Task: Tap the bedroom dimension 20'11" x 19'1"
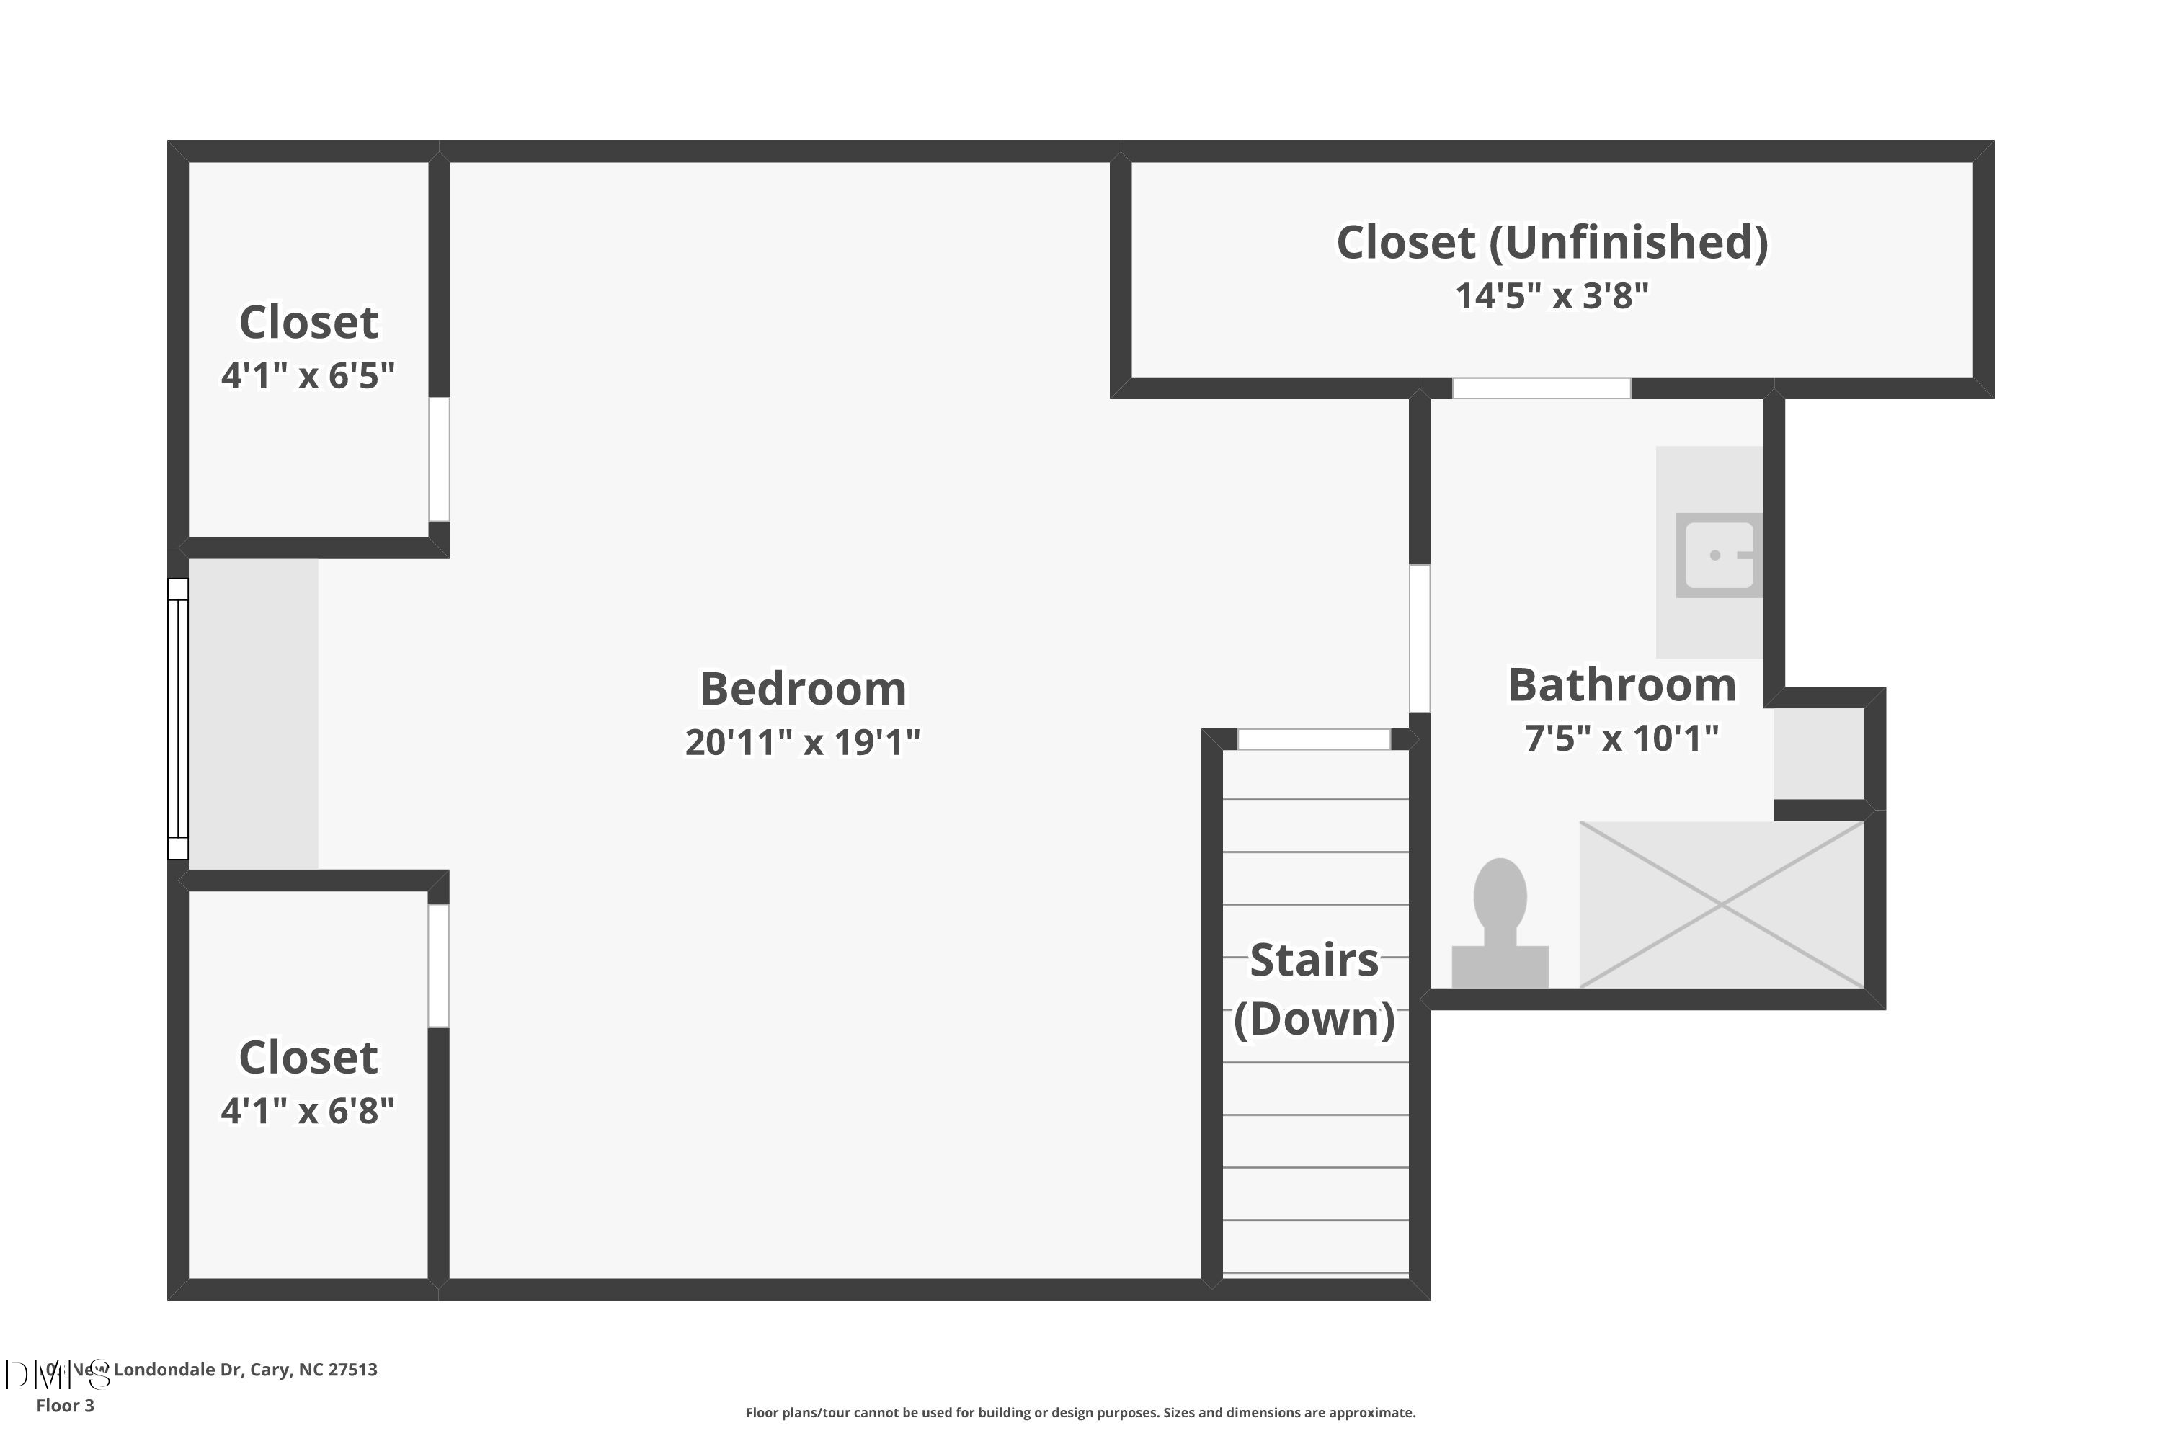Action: tap(803, 741)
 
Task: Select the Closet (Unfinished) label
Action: tap(1552, 243)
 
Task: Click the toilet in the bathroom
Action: tap(1499, 924)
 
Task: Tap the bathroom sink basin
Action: tap(1717, 555)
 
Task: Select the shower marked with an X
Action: tap(1721, 905)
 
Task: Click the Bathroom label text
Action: tap(1622, 684)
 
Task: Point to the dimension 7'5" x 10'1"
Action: tap(1622, 738)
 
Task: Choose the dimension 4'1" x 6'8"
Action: tap(308, 1110)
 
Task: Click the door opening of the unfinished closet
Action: tap(1542, 388)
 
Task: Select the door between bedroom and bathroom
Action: tap(1420, 638)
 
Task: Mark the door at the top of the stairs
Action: tap(1314, 739)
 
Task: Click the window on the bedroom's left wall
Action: tap(177, 718)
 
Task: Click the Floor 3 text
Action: tap(66, 1405)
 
